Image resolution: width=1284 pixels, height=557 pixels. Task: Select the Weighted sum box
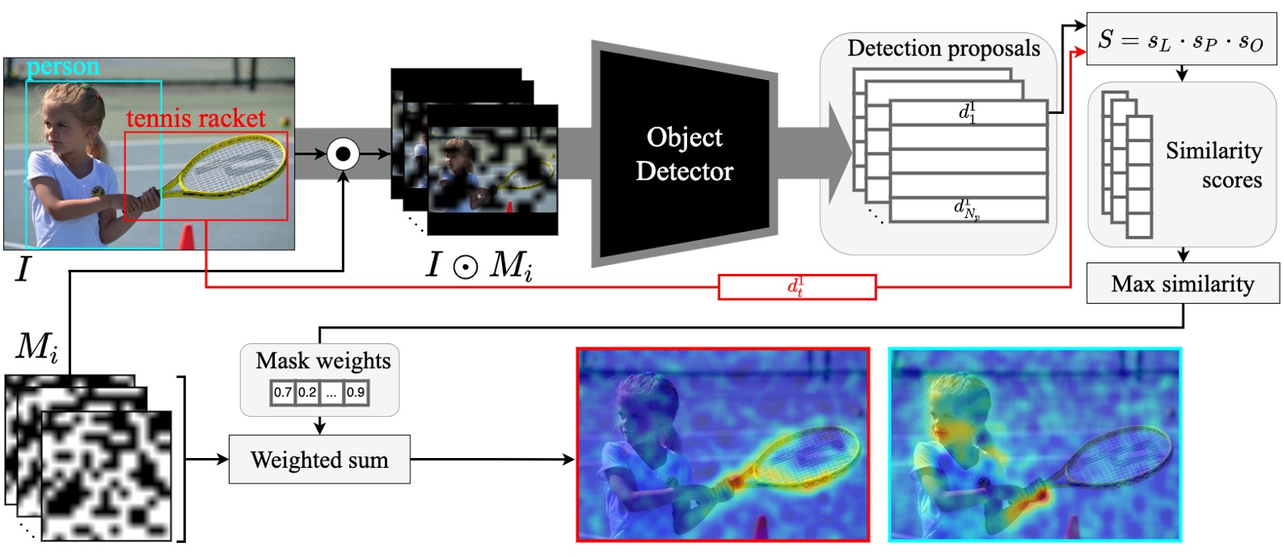tap(320, 460)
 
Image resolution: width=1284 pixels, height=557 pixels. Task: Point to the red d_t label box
tap(796, 287)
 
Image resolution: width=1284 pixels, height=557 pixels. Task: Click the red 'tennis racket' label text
tap(196, 119)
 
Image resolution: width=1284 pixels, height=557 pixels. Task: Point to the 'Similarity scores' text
tap(1213, 166)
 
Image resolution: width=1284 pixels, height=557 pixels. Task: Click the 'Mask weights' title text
tap(319, 361)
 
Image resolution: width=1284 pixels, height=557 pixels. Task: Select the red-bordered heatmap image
tap(722, 444)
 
